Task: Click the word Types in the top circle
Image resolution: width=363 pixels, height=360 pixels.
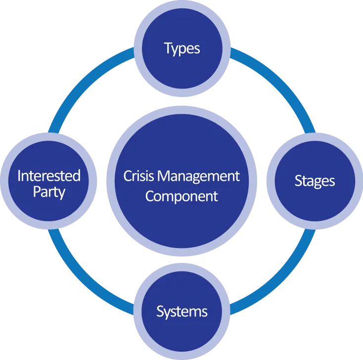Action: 181,49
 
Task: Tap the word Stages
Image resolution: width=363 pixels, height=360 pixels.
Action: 315,181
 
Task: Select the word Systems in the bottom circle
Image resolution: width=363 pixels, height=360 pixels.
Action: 181,312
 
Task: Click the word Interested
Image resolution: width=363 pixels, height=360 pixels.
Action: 49,175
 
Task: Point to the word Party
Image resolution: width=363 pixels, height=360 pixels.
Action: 49,192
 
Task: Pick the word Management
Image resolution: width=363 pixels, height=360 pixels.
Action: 198,177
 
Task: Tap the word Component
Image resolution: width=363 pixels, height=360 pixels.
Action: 181,197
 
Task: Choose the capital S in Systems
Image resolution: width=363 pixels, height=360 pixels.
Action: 160,311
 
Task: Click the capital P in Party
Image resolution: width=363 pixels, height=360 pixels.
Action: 37,192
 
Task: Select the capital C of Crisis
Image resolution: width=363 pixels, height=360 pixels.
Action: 128,176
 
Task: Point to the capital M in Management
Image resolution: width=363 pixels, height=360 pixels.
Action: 164,176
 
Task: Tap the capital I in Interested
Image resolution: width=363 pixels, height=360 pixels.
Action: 19,175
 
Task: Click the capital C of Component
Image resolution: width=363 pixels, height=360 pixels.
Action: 150,196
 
